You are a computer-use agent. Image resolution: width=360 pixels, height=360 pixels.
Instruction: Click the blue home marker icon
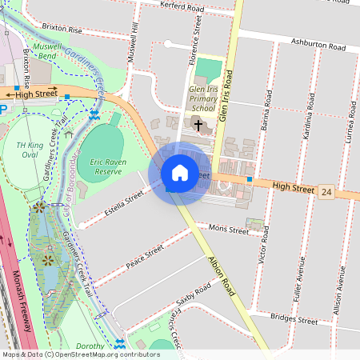tap(180, 173)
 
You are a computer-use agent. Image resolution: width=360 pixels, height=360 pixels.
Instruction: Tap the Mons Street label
tap(229, 230)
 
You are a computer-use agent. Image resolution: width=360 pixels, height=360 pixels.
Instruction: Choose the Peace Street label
tap(144, 258)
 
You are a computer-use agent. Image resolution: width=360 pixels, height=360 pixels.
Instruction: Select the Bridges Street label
tap(317, 319)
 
